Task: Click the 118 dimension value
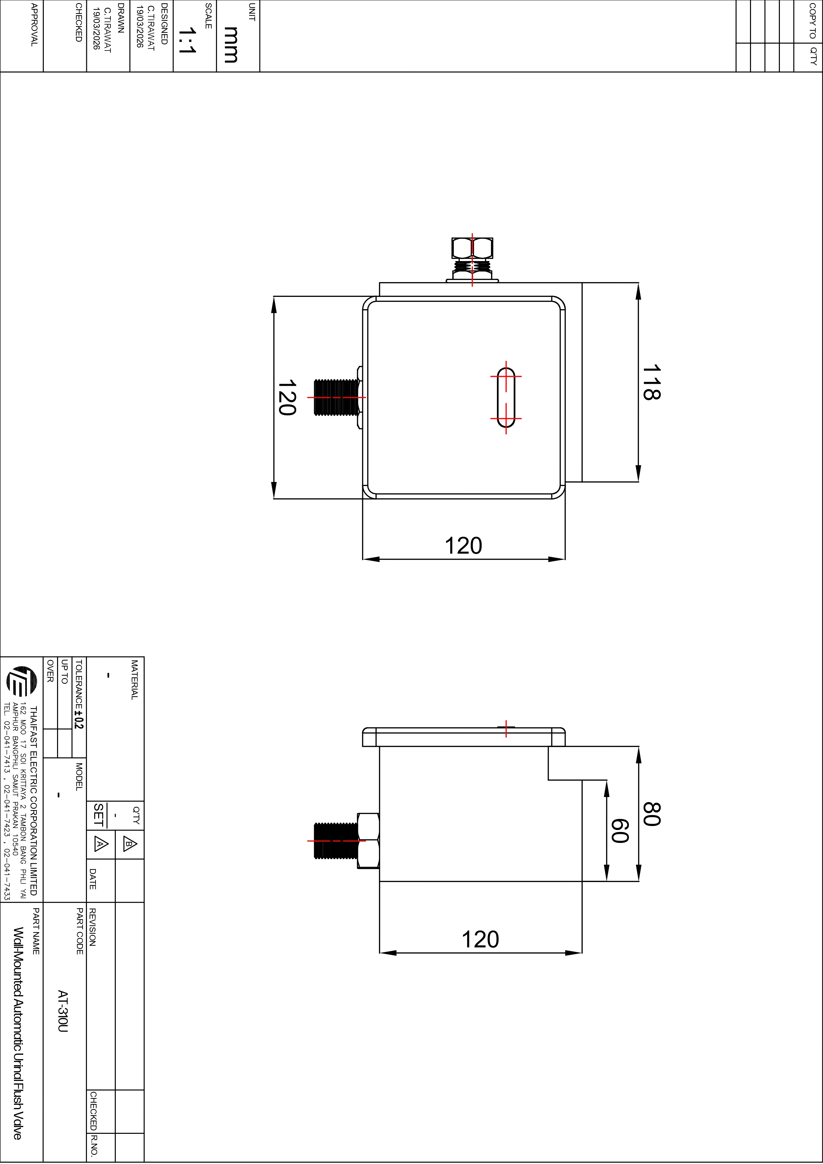tap(652, 382)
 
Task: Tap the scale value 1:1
tap(187, 40)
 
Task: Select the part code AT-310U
tap(62, 1011)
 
